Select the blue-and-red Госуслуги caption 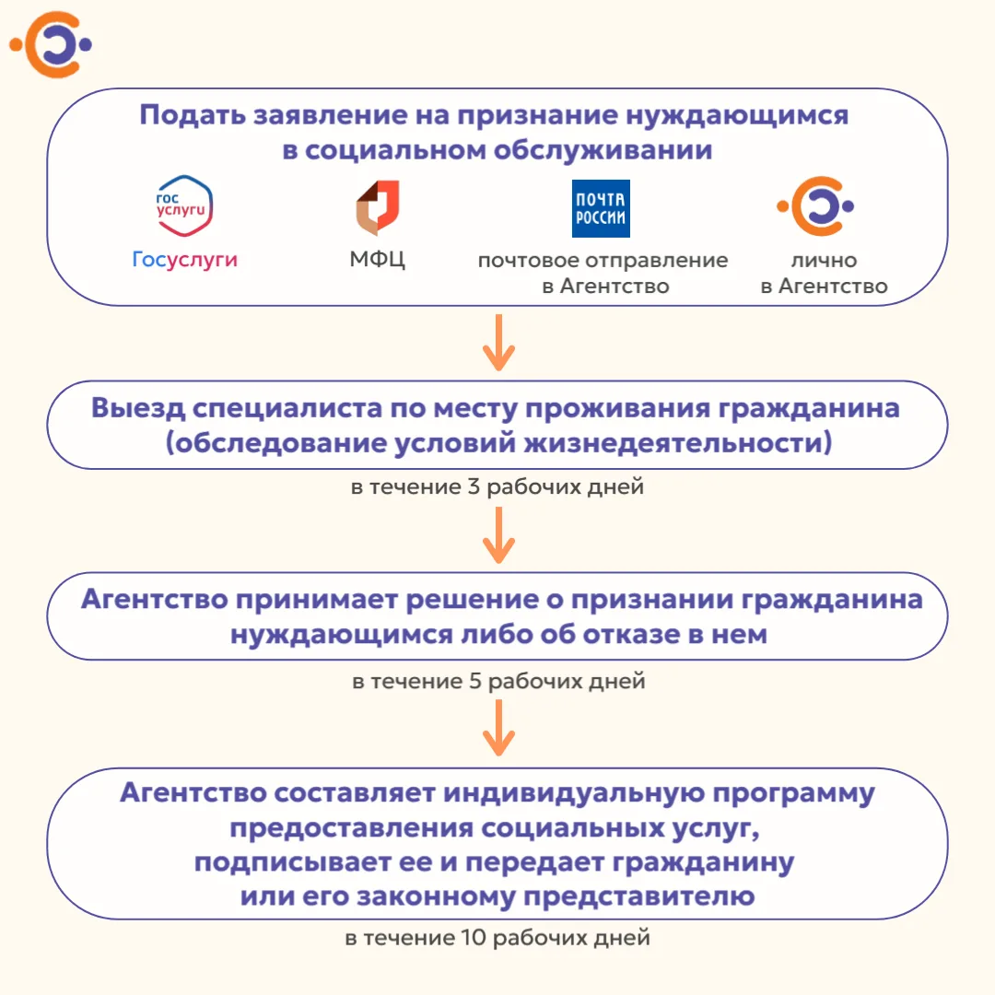pos(184,260)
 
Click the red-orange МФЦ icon pos(378,207)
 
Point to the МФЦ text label pos(377,259)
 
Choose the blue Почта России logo pos(601,209)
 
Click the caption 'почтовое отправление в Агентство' pos(603,273)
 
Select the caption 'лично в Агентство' pos(824,273)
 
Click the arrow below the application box pos(498,343)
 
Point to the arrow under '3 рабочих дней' pos(498,535)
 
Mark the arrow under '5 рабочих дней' pos(498,728)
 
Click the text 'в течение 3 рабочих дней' pos(497,486)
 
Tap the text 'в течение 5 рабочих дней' pos(498,681)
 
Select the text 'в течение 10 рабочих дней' pos(497,937)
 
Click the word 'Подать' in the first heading pos(193,116)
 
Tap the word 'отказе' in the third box pos(631,634)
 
